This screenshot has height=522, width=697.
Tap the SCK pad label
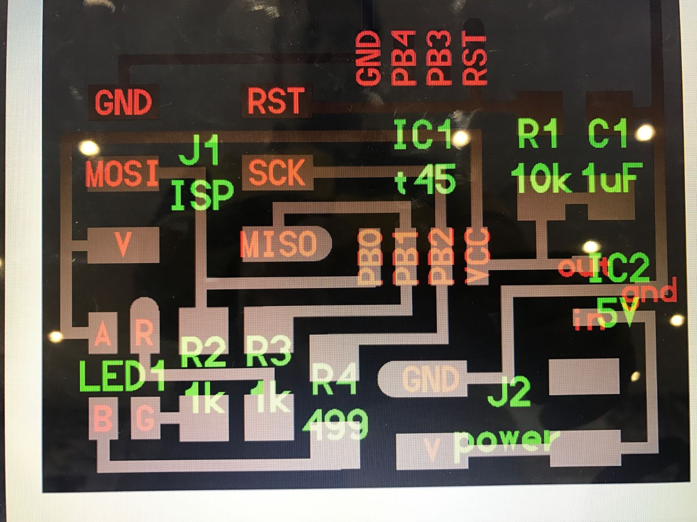[276, 173]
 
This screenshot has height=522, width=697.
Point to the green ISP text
[202, 195]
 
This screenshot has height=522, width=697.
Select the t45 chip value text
[426, 179]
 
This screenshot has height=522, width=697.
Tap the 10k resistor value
[540, 178]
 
